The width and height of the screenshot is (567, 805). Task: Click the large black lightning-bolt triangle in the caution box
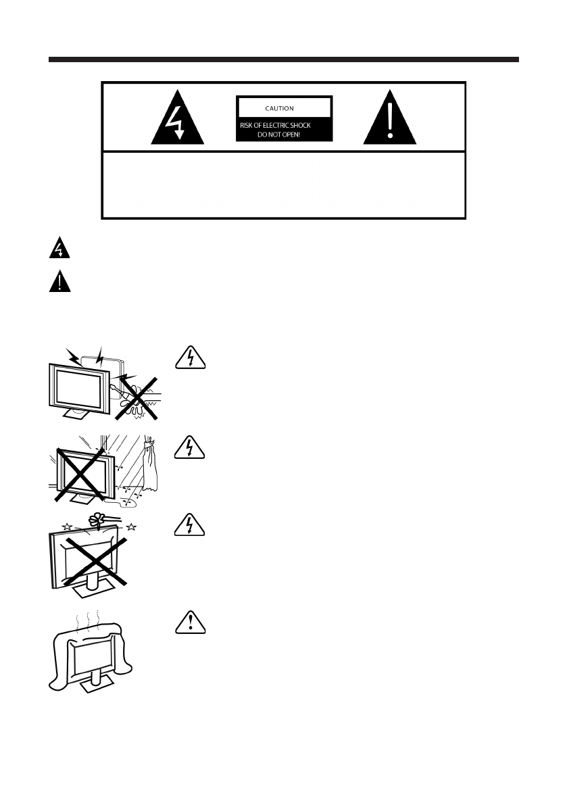tap(176, 120)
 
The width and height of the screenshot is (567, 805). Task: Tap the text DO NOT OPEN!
tap(284, 135)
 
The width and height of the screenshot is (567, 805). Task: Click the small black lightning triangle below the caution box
tap(59, 250)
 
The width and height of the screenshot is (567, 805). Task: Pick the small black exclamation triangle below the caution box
tap(59, 281)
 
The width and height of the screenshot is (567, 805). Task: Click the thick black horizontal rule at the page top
tap(283, 59)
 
